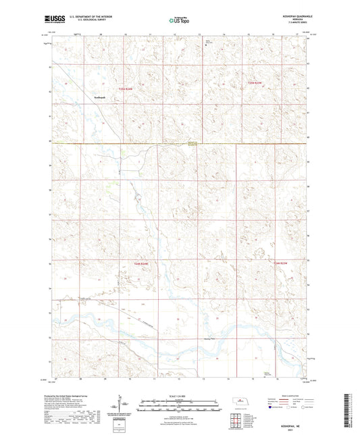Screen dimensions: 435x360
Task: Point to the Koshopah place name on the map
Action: point(101,97)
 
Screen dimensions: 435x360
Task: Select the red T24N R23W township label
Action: point(280,261)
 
